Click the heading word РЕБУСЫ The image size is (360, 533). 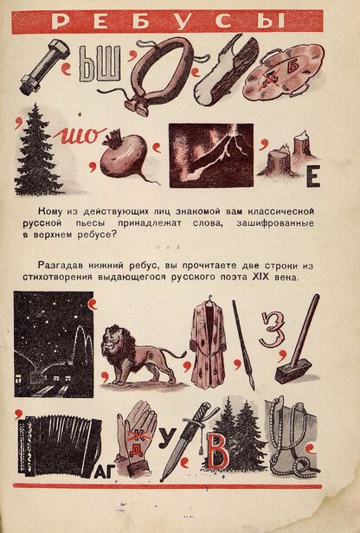pyautogui.click(x=168, y=22)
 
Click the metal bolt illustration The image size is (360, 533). pyautogui.click(x=44, y=67)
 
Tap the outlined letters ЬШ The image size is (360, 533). pyautogui.click(x=100, y=64)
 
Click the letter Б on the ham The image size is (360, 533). pyautogui.click(x=292, y=67)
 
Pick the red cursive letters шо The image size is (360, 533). pyautogui.click(x=80, y=136)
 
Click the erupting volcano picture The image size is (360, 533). pyautogui.click(x=211, y=156)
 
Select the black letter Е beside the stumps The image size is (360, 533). pyautogui.click(x=313, y=177)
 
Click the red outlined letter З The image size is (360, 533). pyautogui.click(x=272, y=330)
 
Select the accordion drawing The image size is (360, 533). pyautogui.click(x=60, y=445)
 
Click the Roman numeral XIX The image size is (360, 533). pyautogui.click(x=260, y=277)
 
